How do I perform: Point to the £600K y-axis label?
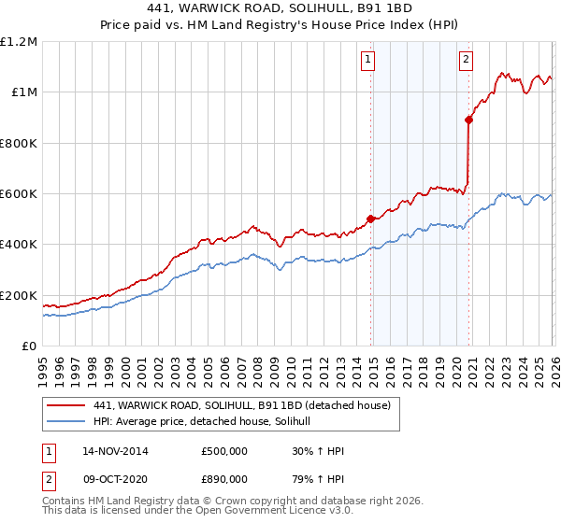coord(18,194)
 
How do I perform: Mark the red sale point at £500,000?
coord(370,219)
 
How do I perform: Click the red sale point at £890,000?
coord(469,120)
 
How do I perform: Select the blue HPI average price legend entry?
coord(208,422)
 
